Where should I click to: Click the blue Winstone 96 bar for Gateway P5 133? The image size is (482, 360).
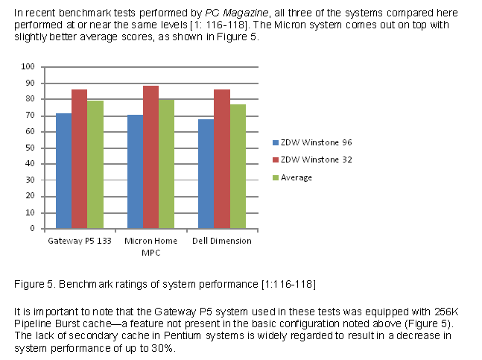tap(63, 171)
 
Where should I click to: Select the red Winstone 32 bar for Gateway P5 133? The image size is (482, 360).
tap(79, 160)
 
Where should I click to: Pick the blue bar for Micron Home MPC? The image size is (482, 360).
tap(135, 172)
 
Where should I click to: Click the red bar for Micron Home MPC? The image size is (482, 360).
tap(150, 157)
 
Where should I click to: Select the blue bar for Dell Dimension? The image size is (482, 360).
tap(206, 174)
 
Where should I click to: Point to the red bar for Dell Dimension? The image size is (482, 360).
tap(222, 160)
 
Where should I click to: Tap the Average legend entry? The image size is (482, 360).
tap(297, 177)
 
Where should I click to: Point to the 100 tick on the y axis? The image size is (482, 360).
tap(28, 66)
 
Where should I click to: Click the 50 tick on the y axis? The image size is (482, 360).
tap(31, 148)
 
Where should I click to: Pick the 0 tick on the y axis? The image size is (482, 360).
tap(33, 229)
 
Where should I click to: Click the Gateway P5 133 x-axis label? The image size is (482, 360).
tap(79, 241)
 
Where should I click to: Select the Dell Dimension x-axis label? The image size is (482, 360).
tap(222, 241)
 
